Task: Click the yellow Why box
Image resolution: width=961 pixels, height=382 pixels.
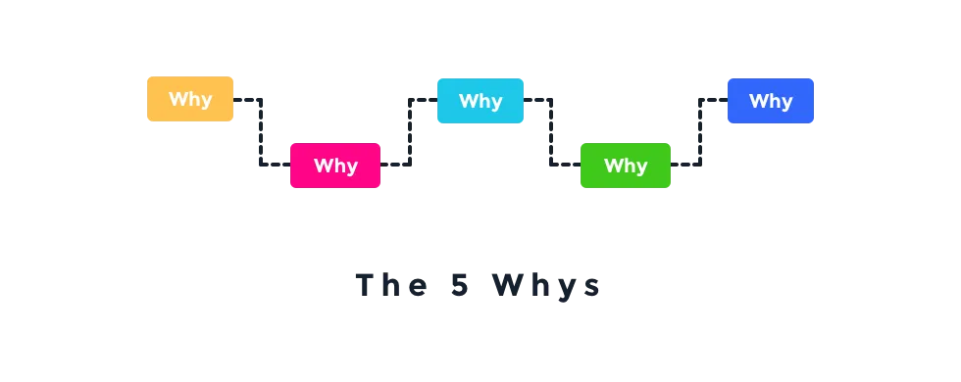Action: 190,99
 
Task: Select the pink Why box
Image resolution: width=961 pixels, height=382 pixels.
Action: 335,165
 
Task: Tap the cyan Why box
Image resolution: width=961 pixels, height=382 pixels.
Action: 480,101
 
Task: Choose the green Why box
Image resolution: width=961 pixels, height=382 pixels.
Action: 626,165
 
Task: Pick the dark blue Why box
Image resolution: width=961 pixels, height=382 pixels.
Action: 770,101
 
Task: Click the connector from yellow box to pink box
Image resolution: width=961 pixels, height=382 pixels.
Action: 263,133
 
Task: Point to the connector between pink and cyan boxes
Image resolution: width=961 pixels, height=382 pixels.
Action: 408,133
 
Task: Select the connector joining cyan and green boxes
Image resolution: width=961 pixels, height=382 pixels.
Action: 553,133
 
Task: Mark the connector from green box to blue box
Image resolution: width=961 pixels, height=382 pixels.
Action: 698,133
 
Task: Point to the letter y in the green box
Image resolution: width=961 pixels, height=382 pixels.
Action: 640,167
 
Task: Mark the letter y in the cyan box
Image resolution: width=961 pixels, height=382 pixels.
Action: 495,103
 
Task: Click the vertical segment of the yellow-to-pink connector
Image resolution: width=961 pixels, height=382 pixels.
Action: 263,133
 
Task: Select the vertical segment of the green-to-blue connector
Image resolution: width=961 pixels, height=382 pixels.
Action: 698,133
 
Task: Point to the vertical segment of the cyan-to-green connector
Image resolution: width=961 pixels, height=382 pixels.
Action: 553,133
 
